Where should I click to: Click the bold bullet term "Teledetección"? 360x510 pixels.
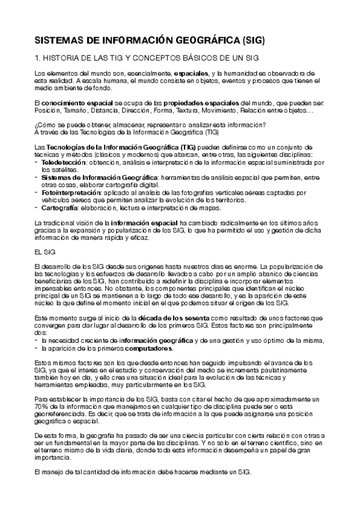point(63,162)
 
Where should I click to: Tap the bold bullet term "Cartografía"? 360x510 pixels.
point(63,207)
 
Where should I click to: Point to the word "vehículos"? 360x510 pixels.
point(56,200)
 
